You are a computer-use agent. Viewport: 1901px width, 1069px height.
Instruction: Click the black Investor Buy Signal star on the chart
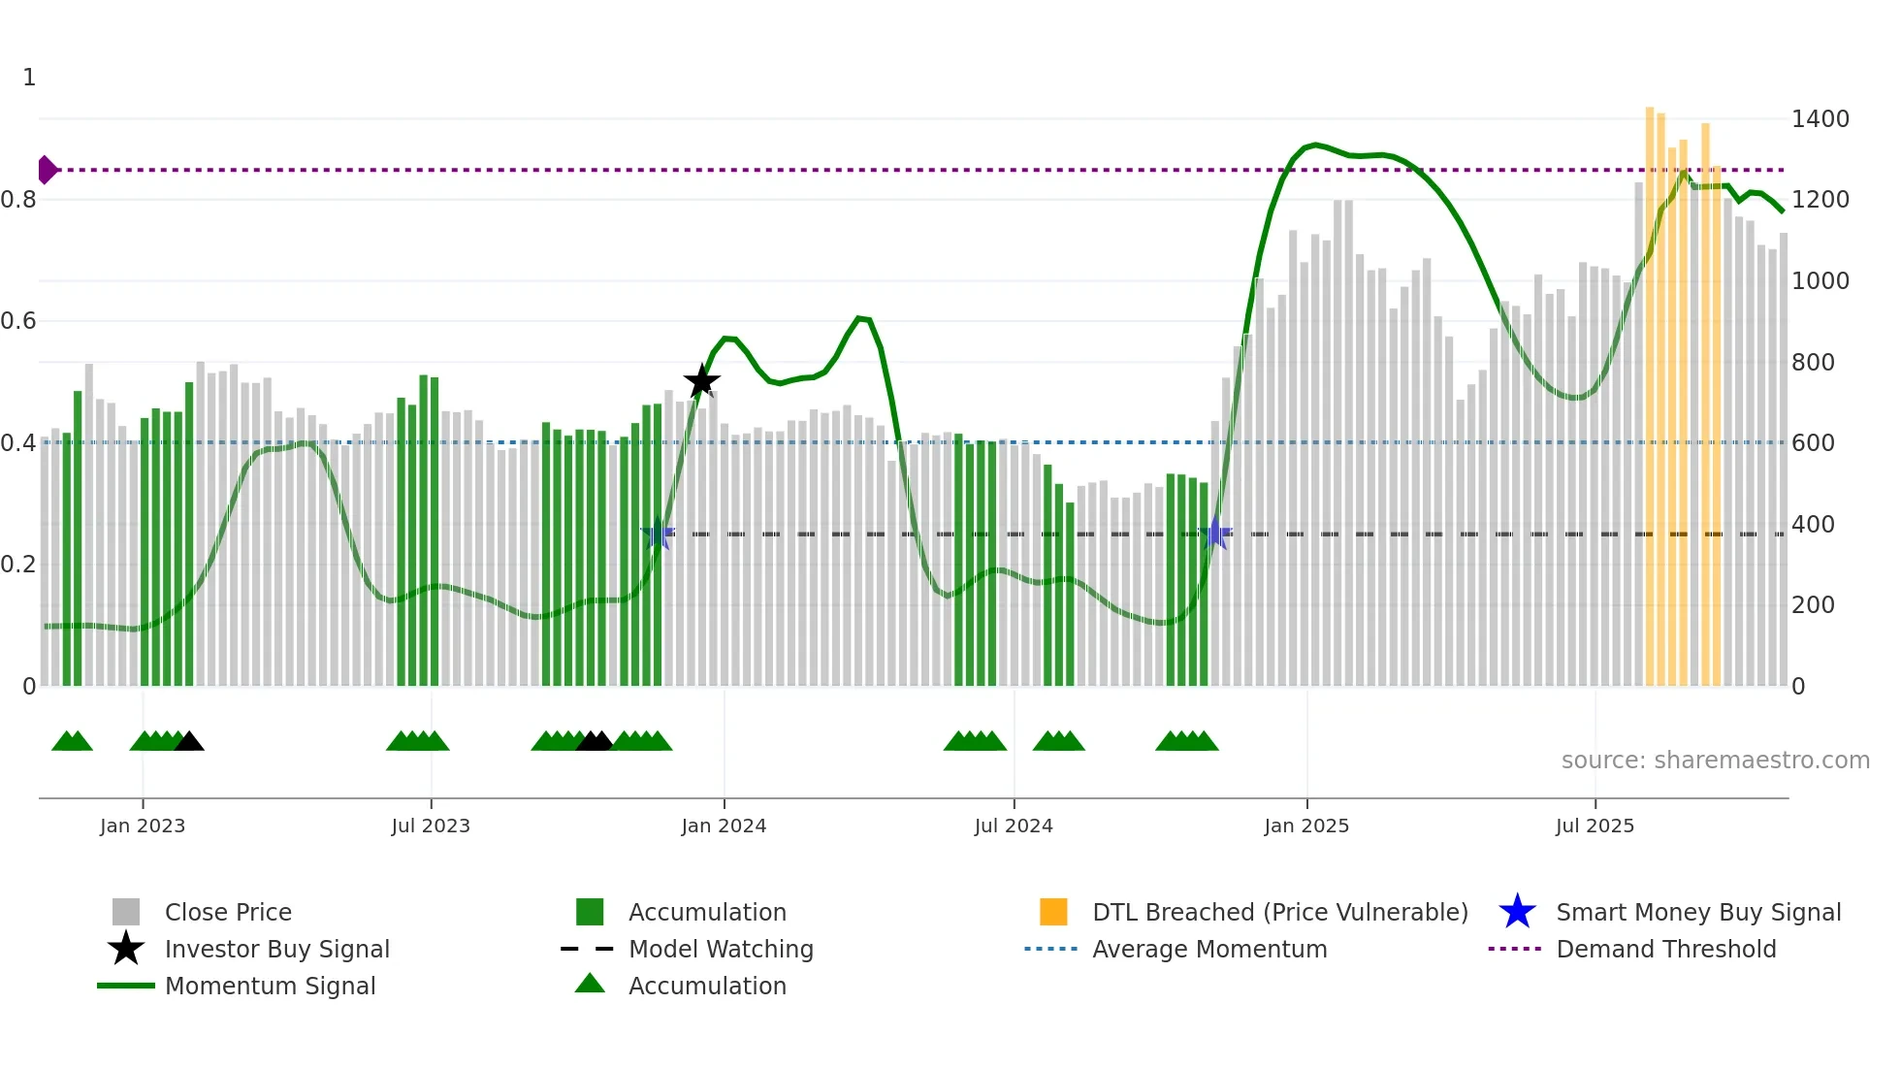tap(701, 381)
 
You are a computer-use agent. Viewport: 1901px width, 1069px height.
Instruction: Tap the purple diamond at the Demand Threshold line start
tap(47, 170)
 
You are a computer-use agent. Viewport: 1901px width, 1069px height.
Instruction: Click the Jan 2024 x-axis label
tap(724, 826)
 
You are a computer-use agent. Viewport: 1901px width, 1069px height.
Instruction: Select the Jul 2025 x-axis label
tap(1595, 826)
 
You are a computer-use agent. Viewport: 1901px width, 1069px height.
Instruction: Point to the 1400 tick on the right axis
tap(1820, 119)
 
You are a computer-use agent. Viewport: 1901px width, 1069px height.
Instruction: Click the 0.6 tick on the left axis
tap(19, 321)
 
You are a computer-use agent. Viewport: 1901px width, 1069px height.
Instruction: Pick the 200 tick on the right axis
tap(1812, 605)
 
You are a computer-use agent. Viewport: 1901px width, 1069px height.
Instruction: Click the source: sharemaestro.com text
tap(1715, 761)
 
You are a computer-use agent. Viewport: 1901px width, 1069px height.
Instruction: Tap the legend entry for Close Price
tap(228, 912)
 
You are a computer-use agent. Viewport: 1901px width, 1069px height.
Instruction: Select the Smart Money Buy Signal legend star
tap(1517, 912)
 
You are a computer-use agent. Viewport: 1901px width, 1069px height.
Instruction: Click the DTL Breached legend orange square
tap(1053, 912)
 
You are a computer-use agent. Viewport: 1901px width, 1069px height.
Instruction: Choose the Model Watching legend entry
tap(720, 949)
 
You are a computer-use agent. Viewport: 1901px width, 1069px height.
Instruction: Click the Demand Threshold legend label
tap(1665, 949)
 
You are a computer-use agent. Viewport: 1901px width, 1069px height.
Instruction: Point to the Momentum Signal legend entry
tap(270, 986)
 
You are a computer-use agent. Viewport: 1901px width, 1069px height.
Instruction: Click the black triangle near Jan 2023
tap(189, 742)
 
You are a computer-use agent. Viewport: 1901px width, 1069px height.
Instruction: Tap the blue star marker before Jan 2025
tap(1215, 534)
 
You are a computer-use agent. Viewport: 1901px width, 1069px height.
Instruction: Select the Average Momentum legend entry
tap(1208, 949)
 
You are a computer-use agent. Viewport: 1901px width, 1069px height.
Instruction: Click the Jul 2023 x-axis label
tap(431, 826)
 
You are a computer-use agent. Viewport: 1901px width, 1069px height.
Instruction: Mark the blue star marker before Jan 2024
tap(658, 534)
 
